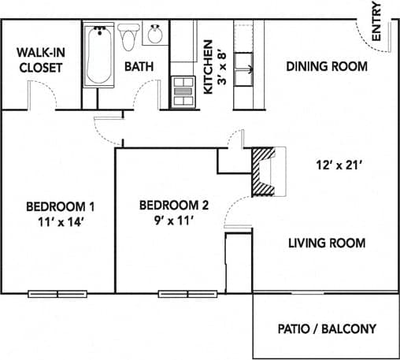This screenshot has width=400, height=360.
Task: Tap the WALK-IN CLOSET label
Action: click(40, 60)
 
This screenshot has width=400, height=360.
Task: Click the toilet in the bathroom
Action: click(130, 36)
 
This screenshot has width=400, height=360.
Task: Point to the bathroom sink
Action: click(156, 35)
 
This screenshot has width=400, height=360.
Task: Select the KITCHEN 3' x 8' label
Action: click(214, 67)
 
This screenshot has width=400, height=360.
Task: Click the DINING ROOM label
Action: click(326, 67)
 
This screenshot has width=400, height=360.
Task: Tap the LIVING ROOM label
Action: click(326, 243)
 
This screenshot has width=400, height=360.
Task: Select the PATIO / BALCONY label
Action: click(326, 328)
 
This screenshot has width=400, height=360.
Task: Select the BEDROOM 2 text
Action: click(173, 206)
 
